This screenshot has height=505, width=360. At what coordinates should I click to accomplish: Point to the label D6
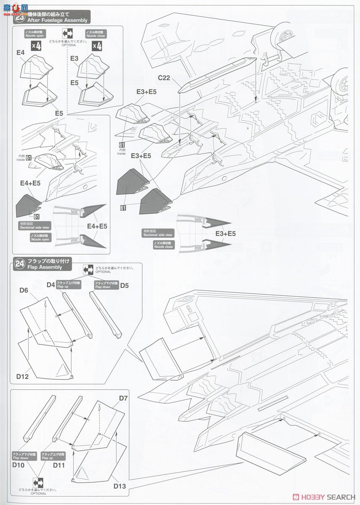[24, 290]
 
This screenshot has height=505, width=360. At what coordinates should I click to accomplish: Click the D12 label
[23, 376]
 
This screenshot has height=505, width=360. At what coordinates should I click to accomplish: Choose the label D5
[124, 286]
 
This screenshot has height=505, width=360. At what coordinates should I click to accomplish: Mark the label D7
[123, 398]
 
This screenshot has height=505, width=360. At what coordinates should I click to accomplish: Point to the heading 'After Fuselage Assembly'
[57, 20]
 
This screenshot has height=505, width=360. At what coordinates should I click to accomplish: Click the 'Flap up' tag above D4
[69, 284]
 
